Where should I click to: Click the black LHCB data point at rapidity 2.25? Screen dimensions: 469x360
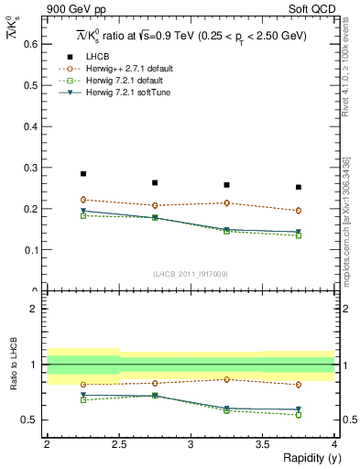(83, 173)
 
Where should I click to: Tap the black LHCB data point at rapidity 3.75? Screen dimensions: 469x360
(299, 187)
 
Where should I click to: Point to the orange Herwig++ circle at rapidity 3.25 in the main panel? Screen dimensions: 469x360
(226, 203)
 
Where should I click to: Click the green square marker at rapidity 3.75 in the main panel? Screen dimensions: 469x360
(299, 235)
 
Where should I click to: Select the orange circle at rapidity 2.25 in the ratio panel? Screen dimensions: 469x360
(83, 385)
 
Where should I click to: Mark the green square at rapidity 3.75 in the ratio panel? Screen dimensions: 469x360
(299, 415)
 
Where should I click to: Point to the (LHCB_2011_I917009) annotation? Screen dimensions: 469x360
(191, 273)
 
